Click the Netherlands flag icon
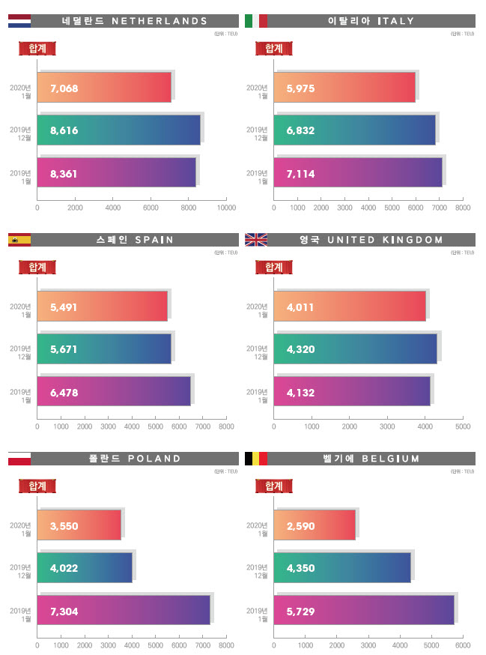[19, 21]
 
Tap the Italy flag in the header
[256, 21]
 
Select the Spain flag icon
[19, 240]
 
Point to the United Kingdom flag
[256, 240]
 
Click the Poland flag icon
[19, 459]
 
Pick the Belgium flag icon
[256, 459]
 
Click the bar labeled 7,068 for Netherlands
[105, 88]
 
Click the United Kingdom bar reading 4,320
[355, 348]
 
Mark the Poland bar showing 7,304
[124, 611]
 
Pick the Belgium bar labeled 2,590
[315, 525]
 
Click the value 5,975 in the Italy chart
[300, 88]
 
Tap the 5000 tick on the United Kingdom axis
[463, 426]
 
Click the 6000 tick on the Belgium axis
[463, 645]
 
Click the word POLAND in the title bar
[156, 459]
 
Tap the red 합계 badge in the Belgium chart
[274, 486]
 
